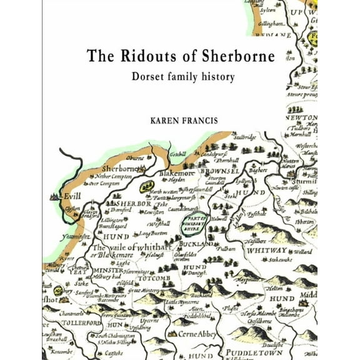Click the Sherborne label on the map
click(120, 169)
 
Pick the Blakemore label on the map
click(177, 173)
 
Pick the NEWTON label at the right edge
click(302, 117)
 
